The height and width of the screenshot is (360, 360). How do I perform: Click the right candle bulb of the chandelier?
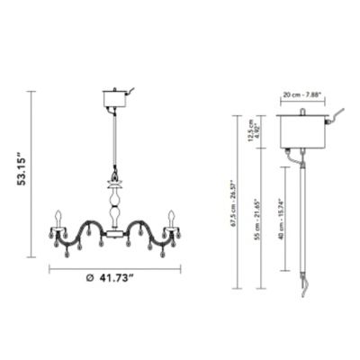[169, 219]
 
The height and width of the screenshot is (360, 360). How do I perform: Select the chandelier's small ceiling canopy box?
[113, 96]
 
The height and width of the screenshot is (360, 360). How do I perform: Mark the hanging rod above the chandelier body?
[114, 139]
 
